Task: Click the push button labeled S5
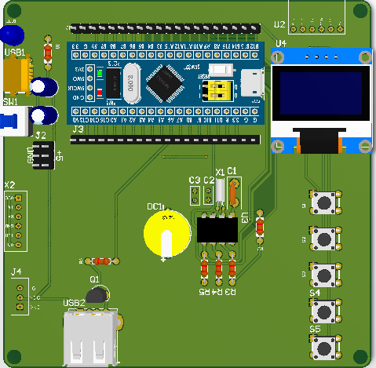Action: click(x=323, y=345)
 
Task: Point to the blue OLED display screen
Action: click(x=319, y=95)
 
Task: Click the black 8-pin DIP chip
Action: click(x=217, y=230)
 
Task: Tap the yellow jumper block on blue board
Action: click(x=216, y=90)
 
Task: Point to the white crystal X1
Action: click(x=221, y=190)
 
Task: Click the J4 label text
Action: click(x=16, y=273)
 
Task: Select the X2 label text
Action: click(x=9, y=185)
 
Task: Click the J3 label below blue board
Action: click(x=78, y=129)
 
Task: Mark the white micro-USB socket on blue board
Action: click(x=253, y=82)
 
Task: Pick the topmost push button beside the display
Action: click(x=323, y=202)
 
